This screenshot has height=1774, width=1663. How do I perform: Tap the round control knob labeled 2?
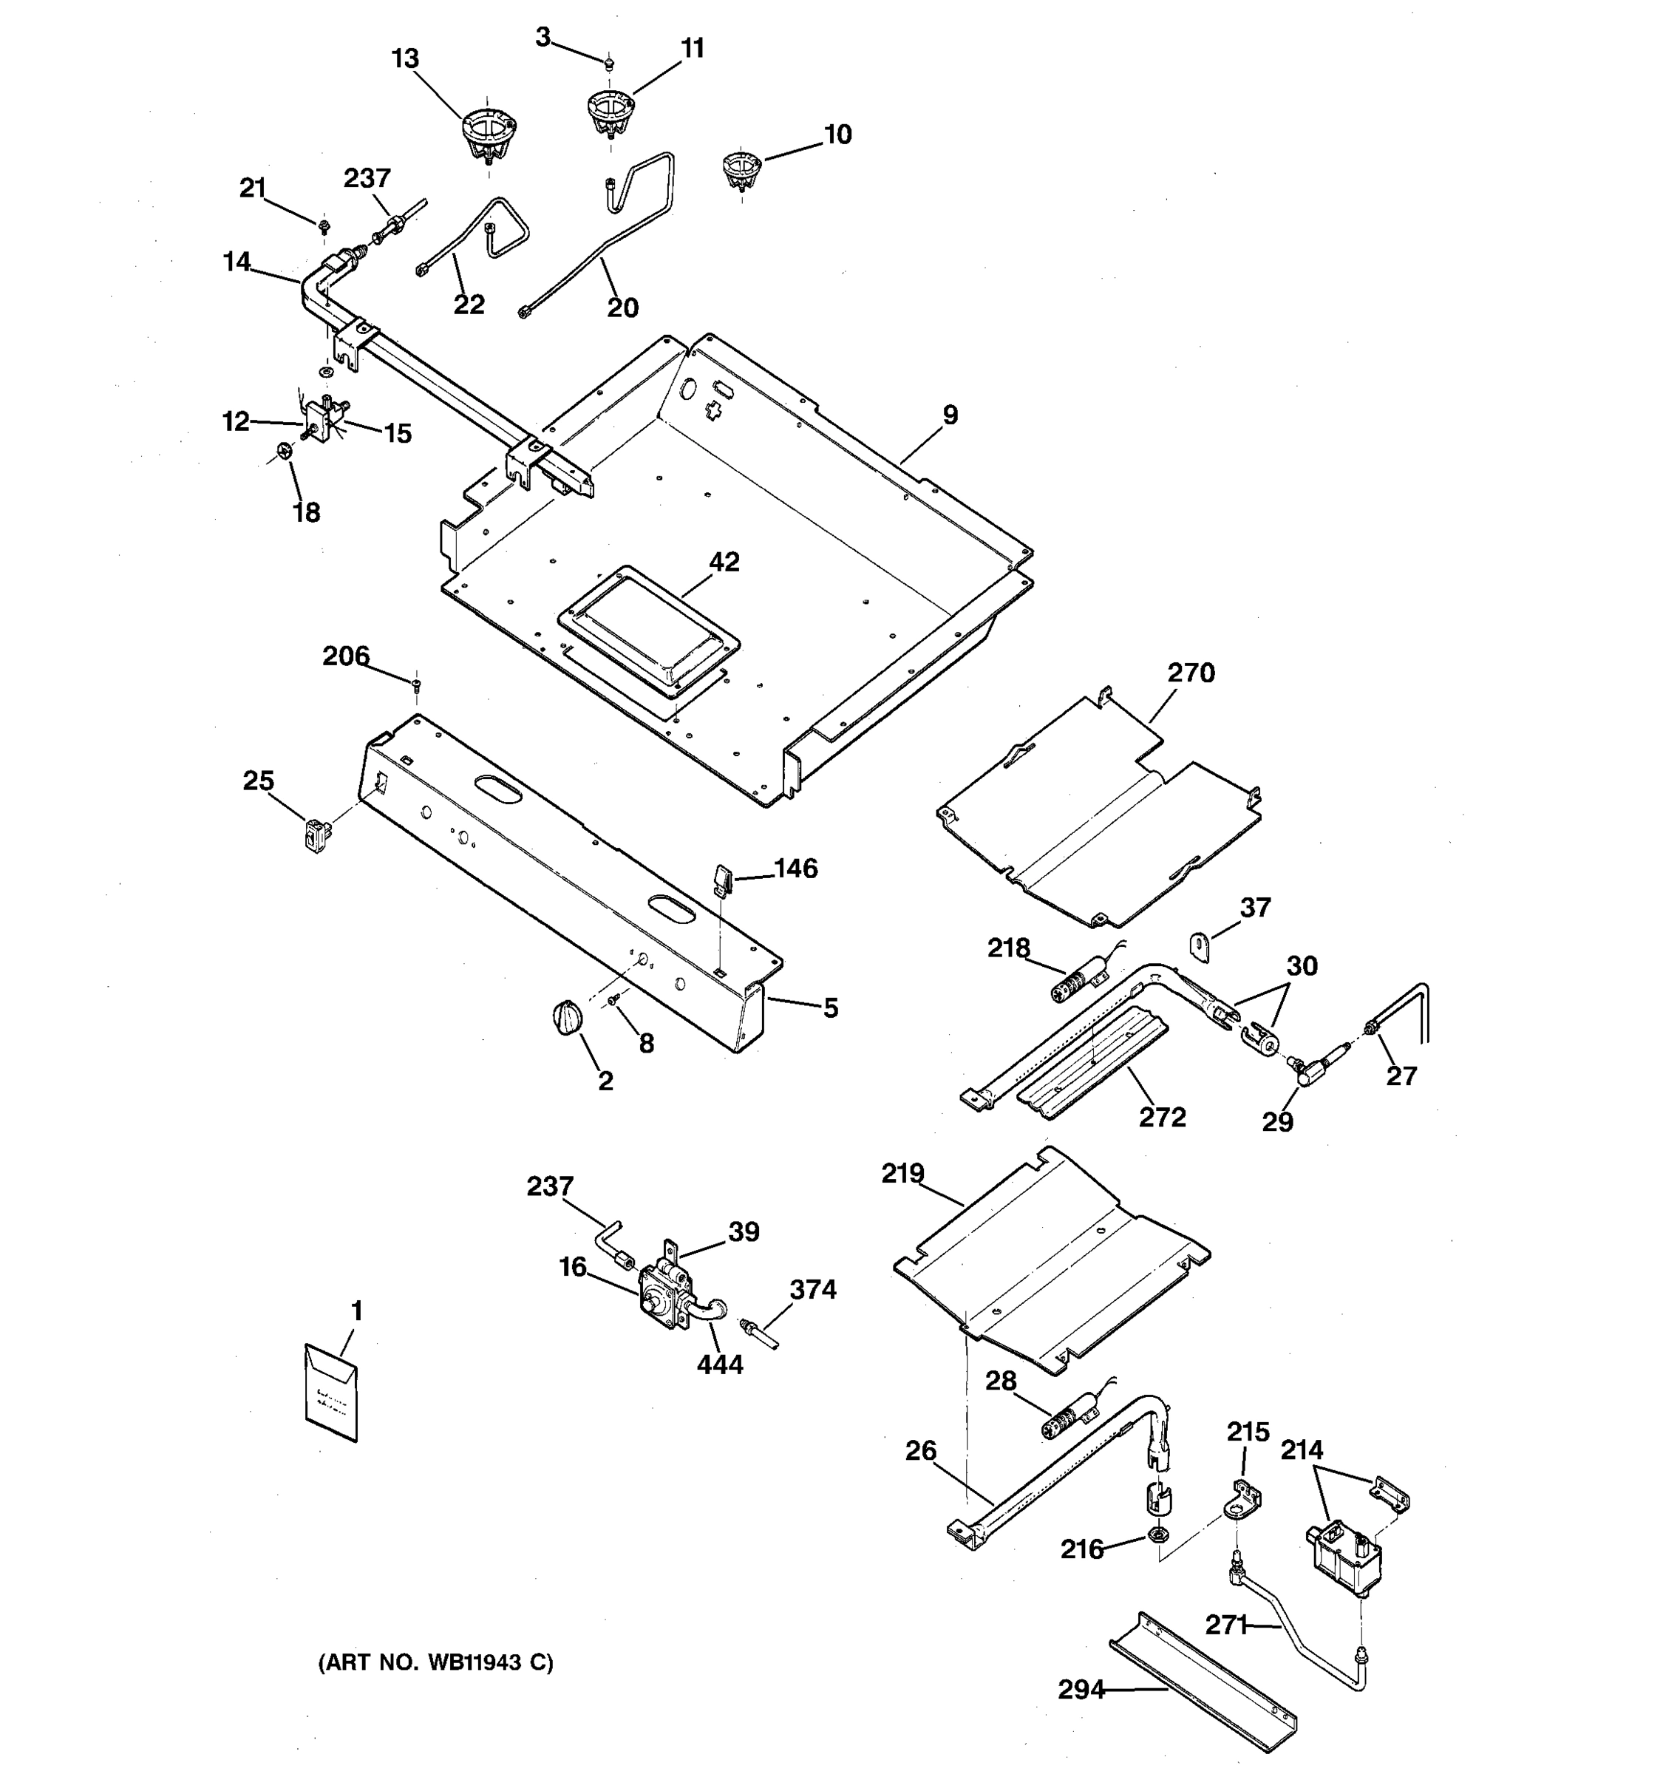[565, 1018]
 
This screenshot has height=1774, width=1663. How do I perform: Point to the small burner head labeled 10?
[741, 169]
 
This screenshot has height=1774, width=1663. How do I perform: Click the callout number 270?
[1190, 672]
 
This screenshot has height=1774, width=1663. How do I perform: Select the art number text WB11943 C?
[435, 1662]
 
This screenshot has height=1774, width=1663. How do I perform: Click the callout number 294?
[1081, 1689]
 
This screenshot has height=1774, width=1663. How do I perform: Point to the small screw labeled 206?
[417, 684]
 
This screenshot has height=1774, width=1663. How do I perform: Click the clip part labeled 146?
[723, 878]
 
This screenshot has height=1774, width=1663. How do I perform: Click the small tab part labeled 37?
[1200, 946]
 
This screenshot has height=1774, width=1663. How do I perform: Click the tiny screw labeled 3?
[608, 63]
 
